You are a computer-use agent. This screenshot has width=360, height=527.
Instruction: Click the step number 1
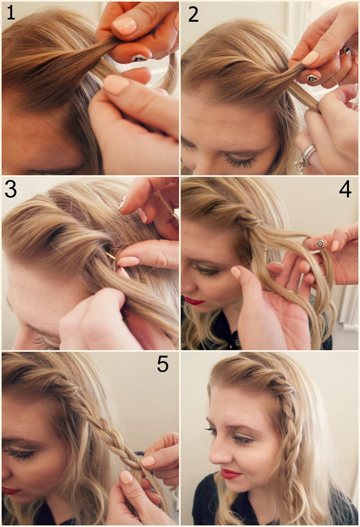[11, 13]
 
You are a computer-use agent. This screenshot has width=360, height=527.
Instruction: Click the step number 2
[193, 14]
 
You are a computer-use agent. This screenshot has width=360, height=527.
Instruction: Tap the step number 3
[11, 190]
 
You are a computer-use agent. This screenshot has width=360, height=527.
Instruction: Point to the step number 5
[163, 364]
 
